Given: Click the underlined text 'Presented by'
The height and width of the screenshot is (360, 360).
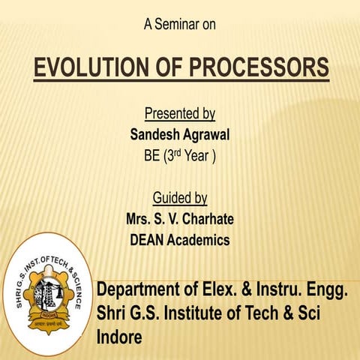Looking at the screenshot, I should tap(179, 115).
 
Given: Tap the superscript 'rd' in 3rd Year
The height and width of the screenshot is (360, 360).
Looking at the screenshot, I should tap(171, 155).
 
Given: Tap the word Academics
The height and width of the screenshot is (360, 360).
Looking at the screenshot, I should tap(203, 241).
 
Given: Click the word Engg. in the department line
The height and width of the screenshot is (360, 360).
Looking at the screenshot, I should tap(327, 289).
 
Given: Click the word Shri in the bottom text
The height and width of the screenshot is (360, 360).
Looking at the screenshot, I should tap(112, 313).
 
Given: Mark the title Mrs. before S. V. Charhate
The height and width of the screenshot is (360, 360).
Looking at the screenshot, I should tap(142, 220).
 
